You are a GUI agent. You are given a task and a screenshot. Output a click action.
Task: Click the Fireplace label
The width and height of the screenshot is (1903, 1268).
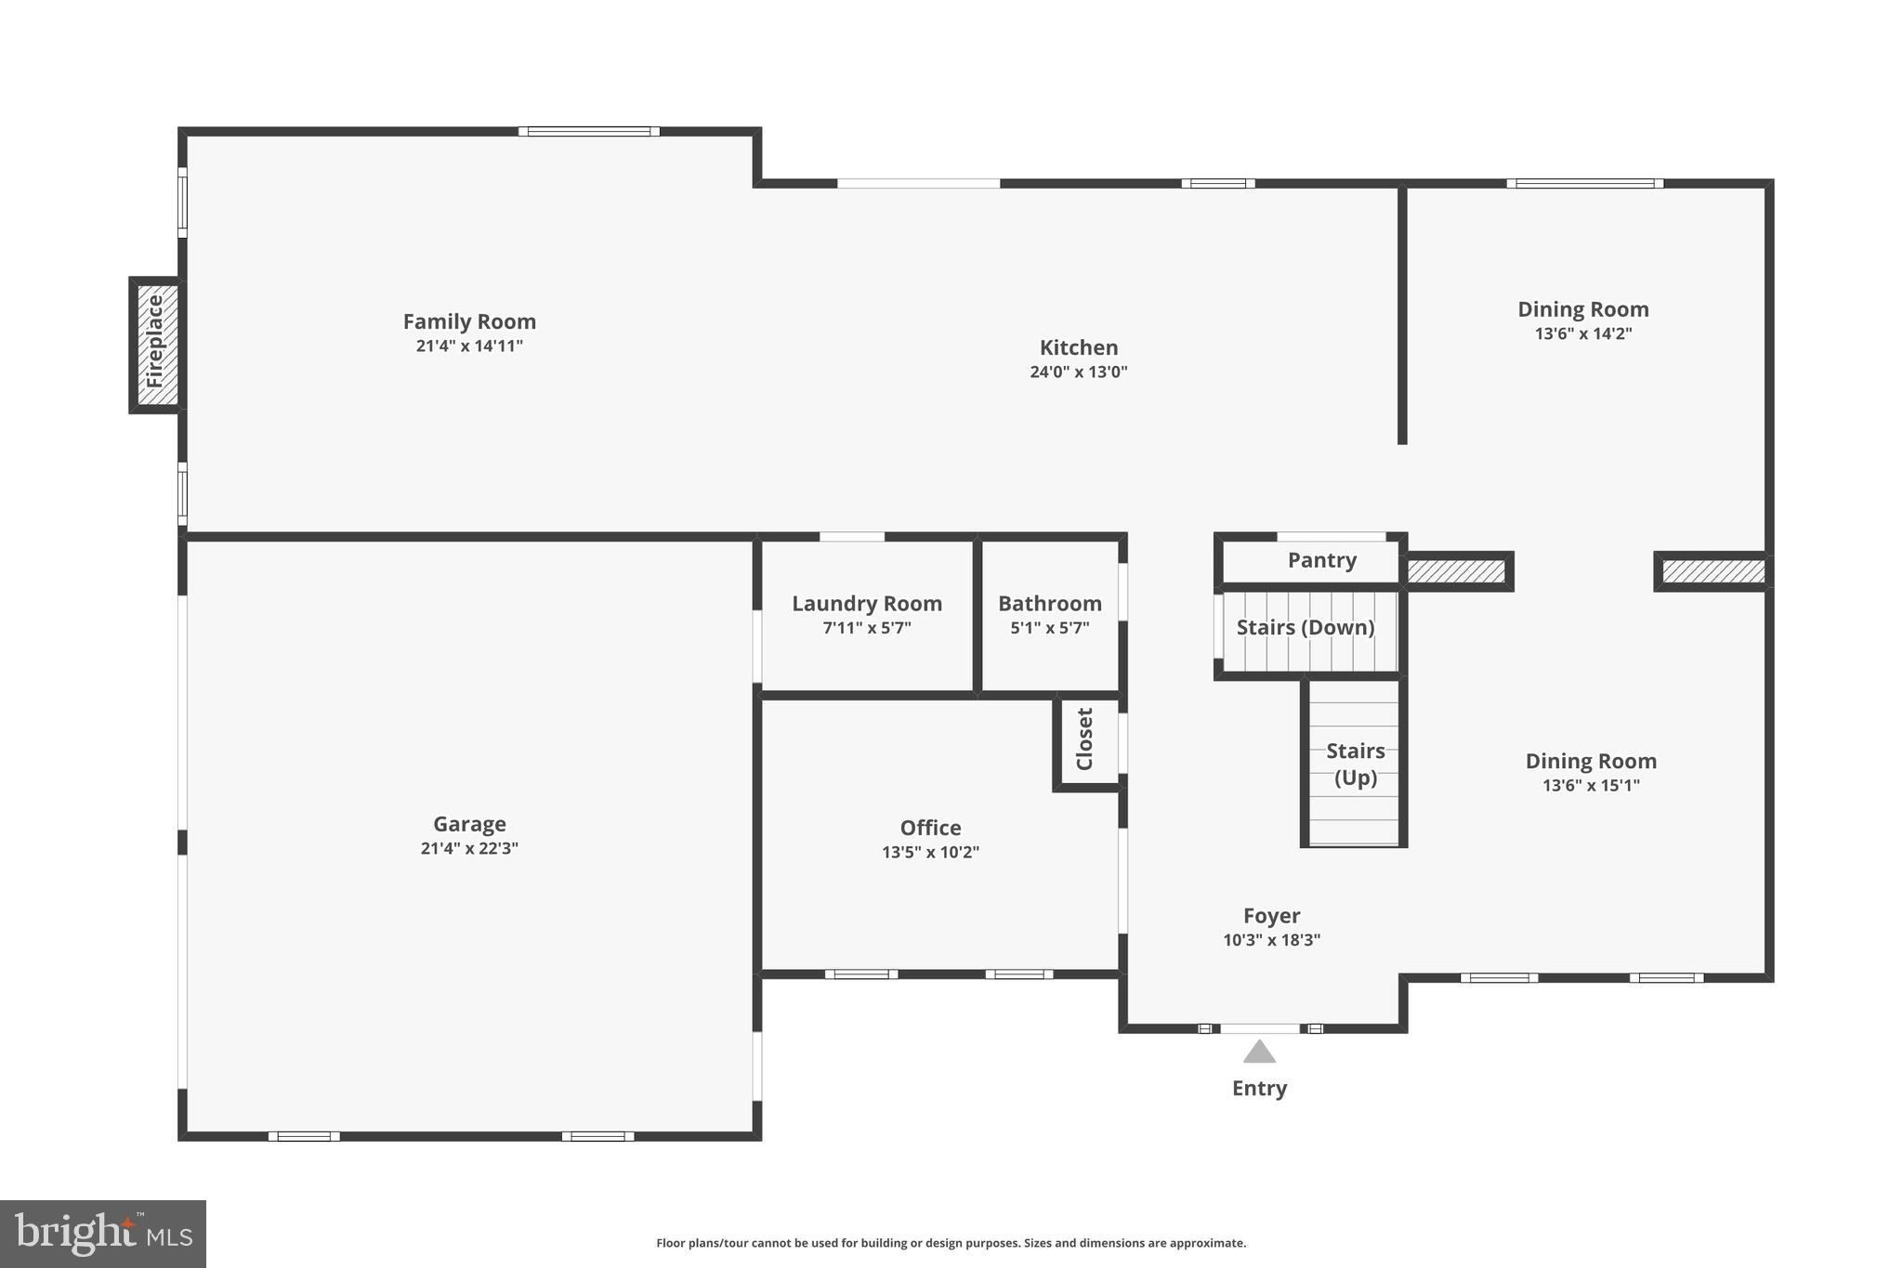(x=155, y=342)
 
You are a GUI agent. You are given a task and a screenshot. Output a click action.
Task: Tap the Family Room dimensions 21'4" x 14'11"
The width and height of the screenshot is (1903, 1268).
(x=469, y=346)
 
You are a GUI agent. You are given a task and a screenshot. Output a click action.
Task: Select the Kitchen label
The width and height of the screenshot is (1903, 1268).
(x=1078, y=347)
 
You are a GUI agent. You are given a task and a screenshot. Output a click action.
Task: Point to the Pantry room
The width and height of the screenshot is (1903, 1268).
(x=1321, y=560)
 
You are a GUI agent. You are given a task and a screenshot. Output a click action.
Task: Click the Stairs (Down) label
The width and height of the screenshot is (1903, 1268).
(x=1305, y=628)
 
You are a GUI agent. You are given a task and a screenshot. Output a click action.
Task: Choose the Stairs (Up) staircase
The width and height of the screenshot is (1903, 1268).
(x=1355, y=764)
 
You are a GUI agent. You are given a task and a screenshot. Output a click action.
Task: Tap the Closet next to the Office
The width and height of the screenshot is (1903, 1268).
(x=1085, y=739)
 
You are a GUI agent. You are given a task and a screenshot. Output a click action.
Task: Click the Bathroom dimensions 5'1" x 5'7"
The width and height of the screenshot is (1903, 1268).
(x=1049, y=628)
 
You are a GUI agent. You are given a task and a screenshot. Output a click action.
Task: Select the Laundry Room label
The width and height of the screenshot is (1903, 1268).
(x=866, y=604)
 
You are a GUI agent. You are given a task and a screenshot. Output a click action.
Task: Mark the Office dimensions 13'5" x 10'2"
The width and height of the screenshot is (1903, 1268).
(x=930, y=853)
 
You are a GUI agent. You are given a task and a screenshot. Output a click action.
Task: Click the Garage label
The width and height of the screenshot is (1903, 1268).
(x=469, y=824)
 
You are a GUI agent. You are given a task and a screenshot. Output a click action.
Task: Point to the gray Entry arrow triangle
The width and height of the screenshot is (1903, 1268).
(x=1259, y=1052)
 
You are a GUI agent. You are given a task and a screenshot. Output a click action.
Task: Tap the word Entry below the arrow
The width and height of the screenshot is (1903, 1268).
(x=1259, y=1089)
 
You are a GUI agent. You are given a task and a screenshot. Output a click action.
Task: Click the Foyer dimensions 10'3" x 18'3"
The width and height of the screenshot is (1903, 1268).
(x=1271, y=940)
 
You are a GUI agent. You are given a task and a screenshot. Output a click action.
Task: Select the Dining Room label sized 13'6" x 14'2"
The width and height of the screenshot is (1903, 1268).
(x=1582, y=309)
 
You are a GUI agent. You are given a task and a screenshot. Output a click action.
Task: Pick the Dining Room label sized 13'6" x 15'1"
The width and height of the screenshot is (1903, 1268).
(x=1590, y=761)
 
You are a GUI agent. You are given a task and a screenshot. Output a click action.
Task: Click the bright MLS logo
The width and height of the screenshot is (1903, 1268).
(x=103, y=1234)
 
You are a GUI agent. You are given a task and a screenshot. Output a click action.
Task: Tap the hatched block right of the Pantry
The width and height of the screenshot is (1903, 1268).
(x=1456, y=571)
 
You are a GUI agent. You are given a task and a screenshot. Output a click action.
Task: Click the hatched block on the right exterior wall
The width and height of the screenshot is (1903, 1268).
(x=1713, y=571)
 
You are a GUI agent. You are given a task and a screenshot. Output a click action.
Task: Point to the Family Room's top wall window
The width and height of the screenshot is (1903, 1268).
(x=589, y=132)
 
